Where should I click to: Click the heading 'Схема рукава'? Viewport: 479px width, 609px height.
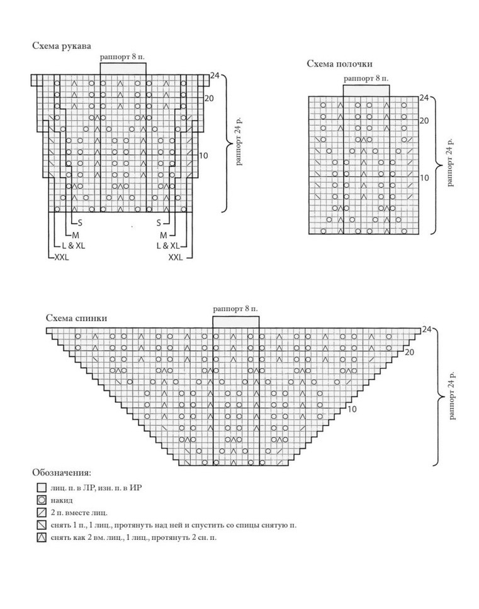coord(61,46)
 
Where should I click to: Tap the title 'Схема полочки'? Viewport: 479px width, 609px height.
coord(339,63)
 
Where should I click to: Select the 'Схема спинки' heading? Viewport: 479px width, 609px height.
coord(76,318)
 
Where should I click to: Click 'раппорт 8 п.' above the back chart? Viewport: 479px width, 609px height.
coord(235,309)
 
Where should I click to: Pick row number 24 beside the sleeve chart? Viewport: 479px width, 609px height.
coord(214,76)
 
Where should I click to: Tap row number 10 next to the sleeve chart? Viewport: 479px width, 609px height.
coord(203,155)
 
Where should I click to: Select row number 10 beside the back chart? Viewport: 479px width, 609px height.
coord(352,409)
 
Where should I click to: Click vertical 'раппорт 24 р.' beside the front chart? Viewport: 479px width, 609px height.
coord(449,162)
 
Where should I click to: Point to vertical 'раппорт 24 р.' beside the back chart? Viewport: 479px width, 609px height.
coord(452,396)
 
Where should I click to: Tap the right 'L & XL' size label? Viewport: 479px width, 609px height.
coord(167,246)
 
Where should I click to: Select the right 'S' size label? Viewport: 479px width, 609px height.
coord(159,222)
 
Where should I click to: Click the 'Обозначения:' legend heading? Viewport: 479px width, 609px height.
coord(61,472)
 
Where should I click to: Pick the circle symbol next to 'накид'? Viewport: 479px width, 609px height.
coord(42,500)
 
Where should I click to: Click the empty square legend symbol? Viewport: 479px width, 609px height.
coord(42,488)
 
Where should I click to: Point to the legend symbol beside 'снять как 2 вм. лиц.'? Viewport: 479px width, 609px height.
coord(42,538)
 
